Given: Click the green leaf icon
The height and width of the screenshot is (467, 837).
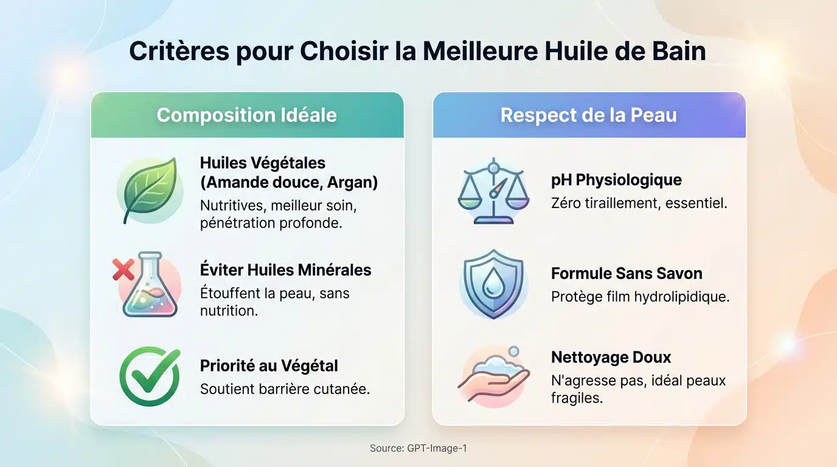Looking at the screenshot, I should point(150,190).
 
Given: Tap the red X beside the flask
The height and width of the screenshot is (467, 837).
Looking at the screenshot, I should point(123,269).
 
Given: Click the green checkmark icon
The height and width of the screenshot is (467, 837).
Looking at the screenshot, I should point(150,376).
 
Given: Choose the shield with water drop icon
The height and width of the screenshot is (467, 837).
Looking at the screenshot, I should point(493,284).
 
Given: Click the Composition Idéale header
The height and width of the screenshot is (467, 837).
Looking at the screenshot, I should point(246,115).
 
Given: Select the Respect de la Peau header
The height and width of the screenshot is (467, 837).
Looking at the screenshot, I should point(588,115).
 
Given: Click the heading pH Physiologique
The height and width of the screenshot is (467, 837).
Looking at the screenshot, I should point(616,180).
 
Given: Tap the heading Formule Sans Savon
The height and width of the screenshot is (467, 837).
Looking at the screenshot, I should point(627,274).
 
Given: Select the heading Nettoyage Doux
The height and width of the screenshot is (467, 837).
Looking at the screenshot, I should point(611,357).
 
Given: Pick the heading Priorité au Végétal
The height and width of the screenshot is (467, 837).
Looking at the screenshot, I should point(269,365).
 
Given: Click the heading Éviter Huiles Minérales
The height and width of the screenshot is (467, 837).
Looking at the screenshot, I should point(285,269).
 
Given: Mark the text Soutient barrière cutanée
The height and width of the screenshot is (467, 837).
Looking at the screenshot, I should point(285,389).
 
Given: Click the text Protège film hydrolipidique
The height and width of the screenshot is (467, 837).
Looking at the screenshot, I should point(640,297).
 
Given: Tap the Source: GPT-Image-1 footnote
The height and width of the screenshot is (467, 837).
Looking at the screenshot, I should point(418,449).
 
